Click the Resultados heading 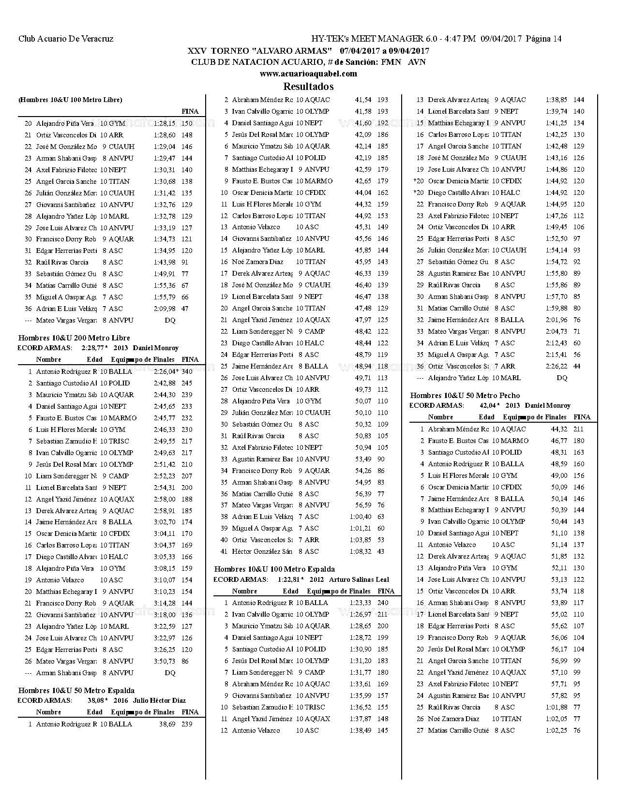tap(308, 87)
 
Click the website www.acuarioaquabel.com tap(308, 74)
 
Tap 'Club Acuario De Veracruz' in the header tap(66, 39)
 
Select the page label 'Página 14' tap(543, 39)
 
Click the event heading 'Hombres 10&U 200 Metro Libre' tap(74, 338)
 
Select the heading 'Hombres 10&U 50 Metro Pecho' tap(465, 395)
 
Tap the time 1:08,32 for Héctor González tap(361, 551)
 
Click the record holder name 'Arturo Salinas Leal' tap(359, 579)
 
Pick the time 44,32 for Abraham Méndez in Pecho tap(559, 429)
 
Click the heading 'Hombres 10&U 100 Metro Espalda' tap(274, 569)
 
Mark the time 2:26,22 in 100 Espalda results tap(557, 366)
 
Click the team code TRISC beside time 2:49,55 tap(119, 441)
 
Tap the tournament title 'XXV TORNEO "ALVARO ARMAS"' tap(259, 51)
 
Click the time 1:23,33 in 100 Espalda tap(361, 603)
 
